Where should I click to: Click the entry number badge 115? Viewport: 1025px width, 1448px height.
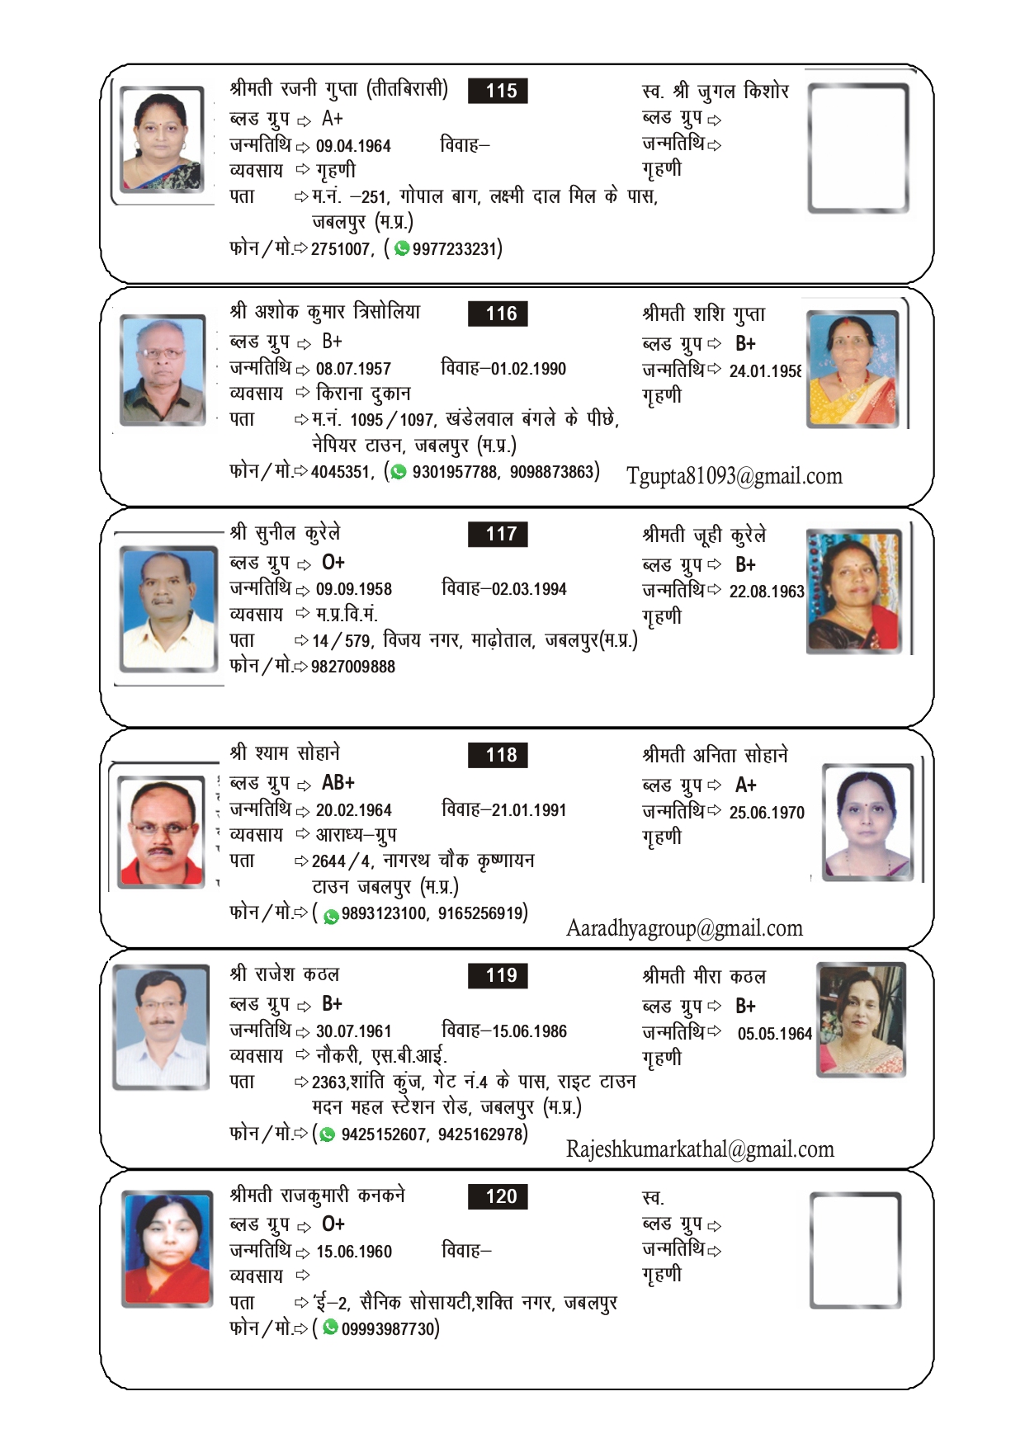[498, 91]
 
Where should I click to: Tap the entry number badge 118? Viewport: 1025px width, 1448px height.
[498, 755]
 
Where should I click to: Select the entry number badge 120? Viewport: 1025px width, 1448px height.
[498, 1196]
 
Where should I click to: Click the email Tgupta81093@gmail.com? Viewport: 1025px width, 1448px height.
[734, 477]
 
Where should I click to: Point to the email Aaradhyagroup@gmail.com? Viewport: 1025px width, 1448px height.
[684, 929]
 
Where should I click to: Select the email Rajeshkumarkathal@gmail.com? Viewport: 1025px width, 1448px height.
[700, 1149]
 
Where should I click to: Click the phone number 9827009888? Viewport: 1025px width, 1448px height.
[352, 667]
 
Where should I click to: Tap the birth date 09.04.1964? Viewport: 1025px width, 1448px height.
[353, 146]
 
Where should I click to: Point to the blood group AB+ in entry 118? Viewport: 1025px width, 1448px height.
[338, 783]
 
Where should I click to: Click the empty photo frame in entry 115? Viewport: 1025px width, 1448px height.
[857, 148]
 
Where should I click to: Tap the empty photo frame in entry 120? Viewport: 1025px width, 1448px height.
[855, 1249]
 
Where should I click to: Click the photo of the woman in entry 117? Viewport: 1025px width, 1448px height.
[853, 591]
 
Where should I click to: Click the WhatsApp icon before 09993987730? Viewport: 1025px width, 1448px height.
[330, 1328]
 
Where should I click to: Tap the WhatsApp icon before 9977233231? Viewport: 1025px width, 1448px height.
[402, 248]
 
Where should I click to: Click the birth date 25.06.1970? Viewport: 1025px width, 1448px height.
[766, 813]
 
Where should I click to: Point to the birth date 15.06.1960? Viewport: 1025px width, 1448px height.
[353, 1252]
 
